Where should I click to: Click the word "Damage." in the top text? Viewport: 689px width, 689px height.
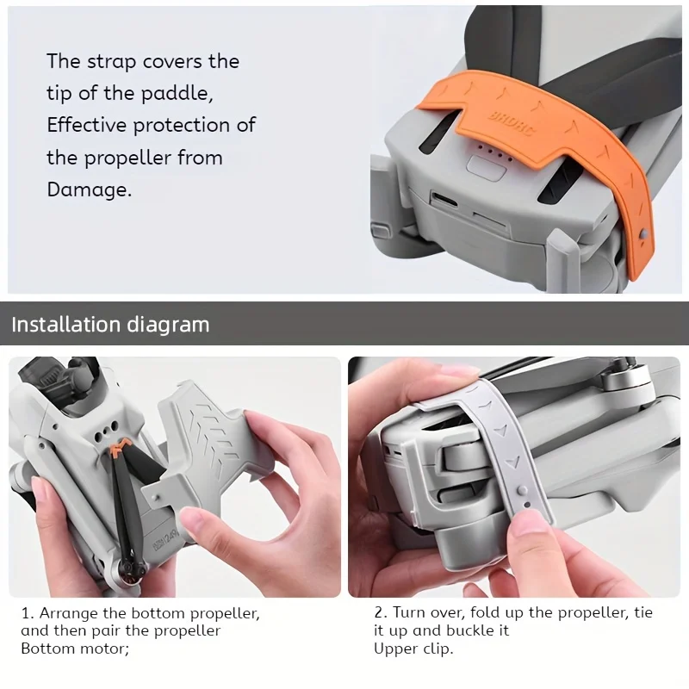coord(90,189)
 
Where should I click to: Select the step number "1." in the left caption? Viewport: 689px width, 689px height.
coord(27,614)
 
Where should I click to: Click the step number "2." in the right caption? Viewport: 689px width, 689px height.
coord(380,614)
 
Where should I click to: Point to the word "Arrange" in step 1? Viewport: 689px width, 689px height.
coord(68,614)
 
